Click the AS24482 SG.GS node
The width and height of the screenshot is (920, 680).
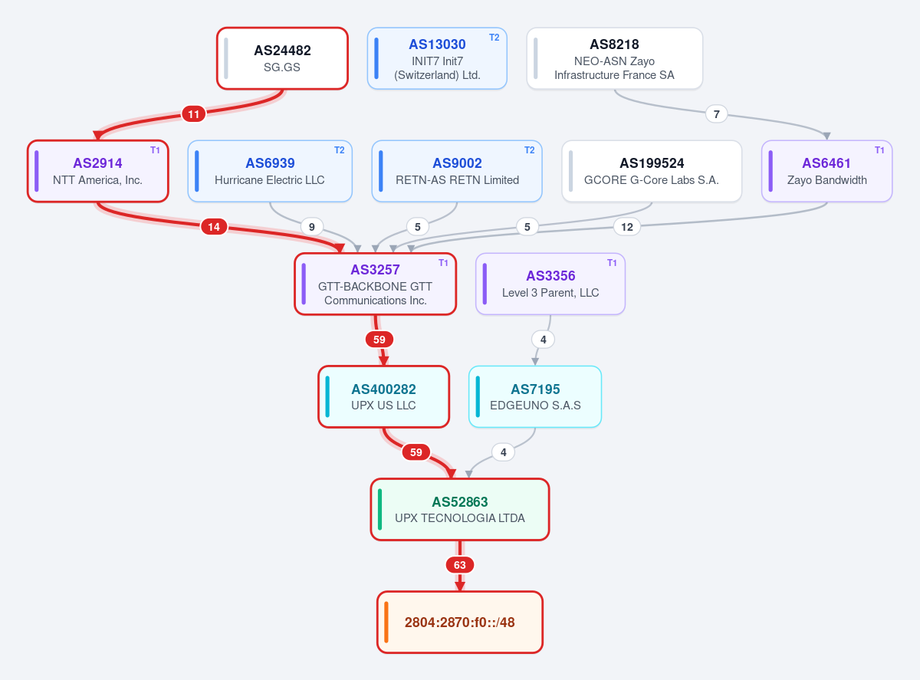282,58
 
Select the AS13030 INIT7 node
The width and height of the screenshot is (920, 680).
437,58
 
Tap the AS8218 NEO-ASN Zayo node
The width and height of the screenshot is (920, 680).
614,58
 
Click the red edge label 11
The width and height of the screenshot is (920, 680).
194,114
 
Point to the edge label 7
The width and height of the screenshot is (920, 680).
716,114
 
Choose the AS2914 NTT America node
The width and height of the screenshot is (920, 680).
98,172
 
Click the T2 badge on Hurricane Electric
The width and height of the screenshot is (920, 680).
340,150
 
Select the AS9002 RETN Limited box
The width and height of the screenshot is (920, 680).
457,172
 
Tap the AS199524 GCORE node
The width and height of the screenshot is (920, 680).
652,172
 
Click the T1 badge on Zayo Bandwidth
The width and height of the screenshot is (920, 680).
879,150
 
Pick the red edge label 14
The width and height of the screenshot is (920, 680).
214,227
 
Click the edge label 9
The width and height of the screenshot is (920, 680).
311,227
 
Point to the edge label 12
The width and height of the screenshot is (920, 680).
626,227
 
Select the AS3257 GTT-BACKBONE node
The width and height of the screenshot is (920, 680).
376,284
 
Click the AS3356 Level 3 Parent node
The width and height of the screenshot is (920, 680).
550,284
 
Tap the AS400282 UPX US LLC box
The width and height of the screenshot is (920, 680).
383,396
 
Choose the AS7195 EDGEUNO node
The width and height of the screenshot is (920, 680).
535,396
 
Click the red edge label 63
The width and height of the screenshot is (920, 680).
459,565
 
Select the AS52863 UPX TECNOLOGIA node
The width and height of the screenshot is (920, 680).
459,510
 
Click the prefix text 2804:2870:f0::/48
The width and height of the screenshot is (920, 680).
459,623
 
